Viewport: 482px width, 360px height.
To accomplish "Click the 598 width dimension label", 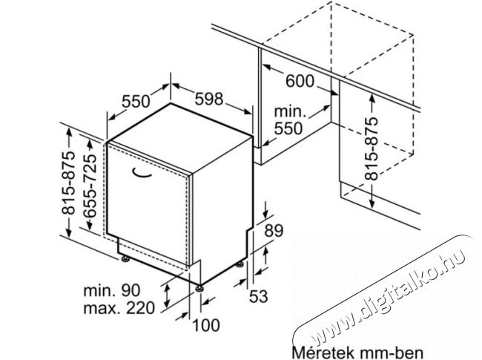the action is [x=208, y=99].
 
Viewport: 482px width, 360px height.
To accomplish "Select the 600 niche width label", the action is [x=300, y=81].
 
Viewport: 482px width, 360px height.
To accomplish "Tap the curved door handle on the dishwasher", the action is [x=142, y=173].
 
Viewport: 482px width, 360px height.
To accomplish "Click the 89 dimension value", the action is [x=274, y=230].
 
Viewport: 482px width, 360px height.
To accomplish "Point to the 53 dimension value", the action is [x=259, y=296].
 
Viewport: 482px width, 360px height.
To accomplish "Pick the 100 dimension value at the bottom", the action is [x=206, y=325].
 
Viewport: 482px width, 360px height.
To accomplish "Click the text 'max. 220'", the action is [x=119, y=308].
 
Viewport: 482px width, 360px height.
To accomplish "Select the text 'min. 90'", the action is [x=112, y=290].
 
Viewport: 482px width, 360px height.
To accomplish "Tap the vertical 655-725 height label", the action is [x=90, y=186].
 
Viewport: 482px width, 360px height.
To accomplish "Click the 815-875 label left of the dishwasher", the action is [x=68, y=183].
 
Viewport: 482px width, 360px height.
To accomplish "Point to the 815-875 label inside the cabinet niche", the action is [x=371, y=148].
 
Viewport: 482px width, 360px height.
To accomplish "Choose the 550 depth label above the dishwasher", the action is [x=136, y=101].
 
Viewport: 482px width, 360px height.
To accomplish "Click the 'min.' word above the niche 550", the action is [x=290, y=111].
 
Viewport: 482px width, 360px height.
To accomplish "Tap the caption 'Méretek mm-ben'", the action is [x=357, y=353].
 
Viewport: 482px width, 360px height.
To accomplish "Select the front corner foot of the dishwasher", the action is [x=199, y=288].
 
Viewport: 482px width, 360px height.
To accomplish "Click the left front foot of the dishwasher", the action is [x=125, y=259].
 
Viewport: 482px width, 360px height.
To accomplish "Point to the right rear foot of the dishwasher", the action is [x=240, y=264].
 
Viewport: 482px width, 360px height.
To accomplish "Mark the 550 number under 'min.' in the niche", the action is [x=288, y=128].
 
